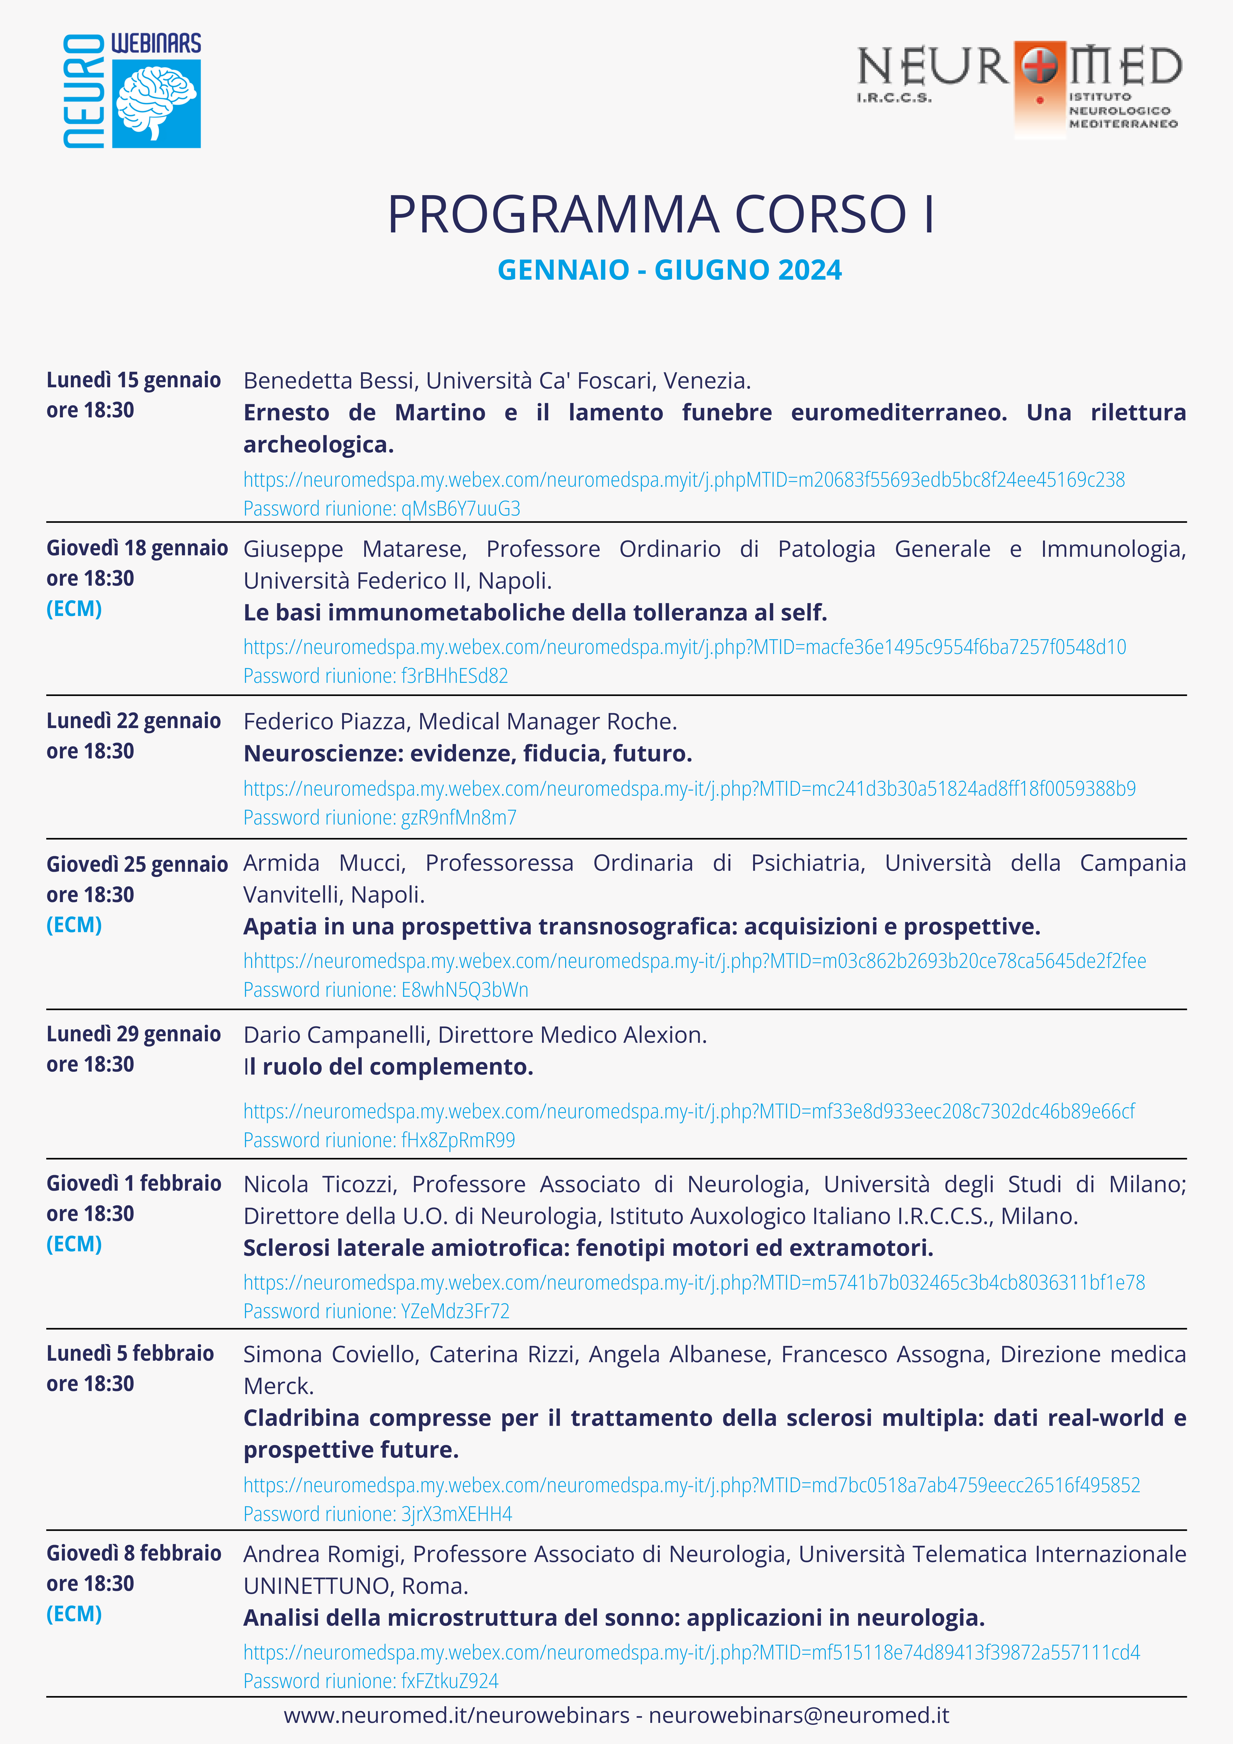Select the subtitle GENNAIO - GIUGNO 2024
(669, 270)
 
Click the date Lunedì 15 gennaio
(134, 380)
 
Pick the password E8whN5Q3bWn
(464, 990)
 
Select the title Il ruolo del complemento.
(388, 1066)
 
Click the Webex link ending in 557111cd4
(691, 1652)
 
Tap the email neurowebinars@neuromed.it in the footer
(798, 1715)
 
